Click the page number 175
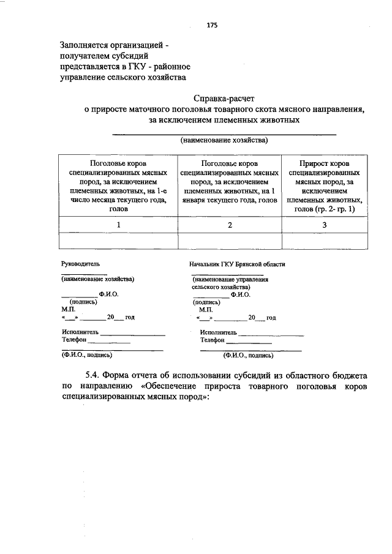pos(212,25)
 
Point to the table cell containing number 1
pos(118,225)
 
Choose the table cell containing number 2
pos(230,225)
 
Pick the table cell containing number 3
pos(325,225)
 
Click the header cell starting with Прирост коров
pos(325,187)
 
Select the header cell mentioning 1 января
pos(230,182)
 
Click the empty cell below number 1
pos(118,242)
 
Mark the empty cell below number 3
pos(325,242)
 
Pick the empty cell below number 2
pos(230,242)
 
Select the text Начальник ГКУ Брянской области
pos(238,264)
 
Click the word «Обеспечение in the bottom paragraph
pos(174,386)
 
